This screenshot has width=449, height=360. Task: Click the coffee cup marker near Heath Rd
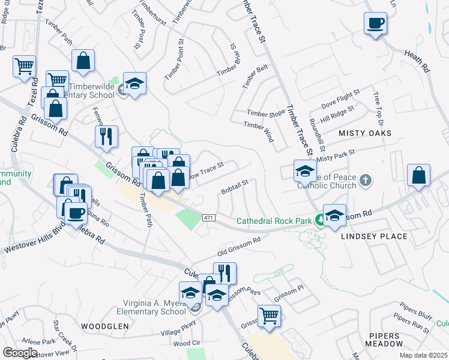pyautogui.click(x=375, y=24)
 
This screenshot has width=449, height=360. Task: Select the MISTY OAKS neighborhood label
pyautogui.click(x=365, y=133)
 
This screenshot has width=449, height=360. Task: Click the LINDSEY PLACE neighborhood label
pyautogui.click(x=374, y=236)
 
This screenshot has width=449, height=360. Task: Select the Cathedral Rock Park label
pyautogui.click(x=274, y=221)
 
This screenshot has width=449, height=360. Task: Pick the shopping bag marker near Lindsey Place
pyautogui.click(x=418, y=175)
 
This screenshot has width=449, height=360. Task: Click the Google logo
pyautogui.click(x=20, y=353)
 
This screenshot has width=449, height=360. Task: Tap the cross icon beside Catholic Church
pyautogui.click(x=366, y=179)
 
